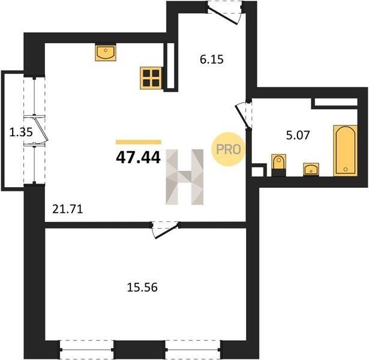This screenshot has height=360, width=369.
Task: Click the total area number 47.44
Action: click(x=139, y=157)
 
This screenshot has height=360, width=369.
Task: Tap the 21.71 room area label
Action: click(x=68, y=209)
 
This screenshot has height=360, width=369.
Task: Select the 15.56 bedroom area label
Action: click(x=142, y=287)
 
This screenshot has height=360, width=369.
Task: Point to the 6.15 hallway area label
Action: click(x=212, y=59)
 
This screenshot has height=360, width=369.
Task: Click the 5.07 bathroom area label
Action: click(x=298, y=135)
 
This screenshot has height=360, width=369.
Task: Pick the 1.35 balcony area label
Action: click(x=21, y=132)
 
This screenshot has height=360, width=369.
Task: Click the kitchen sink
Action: click(x=106, y=52)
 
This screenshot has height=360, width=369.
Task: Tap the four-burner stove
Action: click(x=151, y=78)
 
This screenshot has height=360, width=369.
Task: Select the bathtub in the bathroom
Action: click(x=346, y=151)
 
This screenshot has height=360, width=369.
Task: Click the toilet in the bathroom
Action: click(x=279, y=165)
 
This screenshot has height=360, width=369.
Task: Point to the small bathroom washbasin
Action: click(x=311, y=169)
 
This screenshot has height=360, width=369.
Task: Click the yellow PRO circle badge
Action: click(x=228, y=149)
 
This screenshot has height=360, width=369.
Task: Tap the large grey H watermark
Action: click(x=185, y=177)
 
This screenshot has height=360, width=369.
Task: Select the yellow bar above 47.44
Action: click(x=139, y=142)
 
